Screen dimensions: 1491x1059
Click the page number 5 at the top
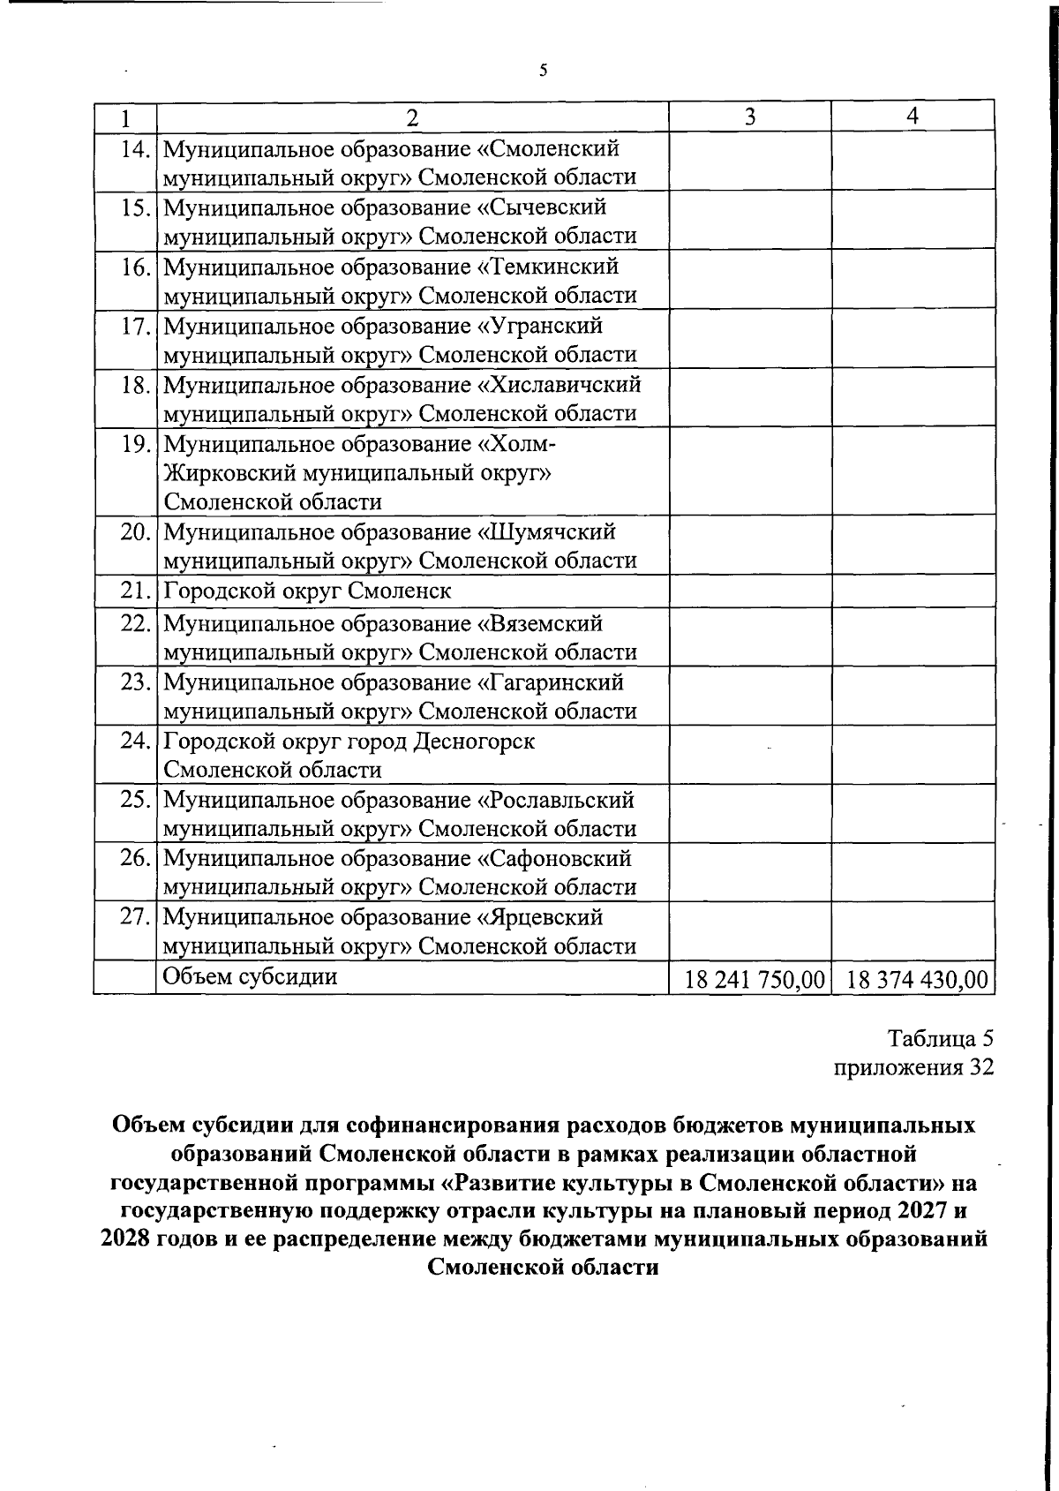543,71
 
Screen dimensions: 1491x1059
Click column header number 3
749,117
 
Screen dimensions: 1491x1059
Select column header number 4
913,116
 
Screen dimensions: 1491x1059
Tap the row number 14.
135,148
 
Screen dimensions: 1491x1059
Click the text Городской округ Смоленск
307,591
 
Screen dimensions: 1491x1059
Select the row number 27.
135,917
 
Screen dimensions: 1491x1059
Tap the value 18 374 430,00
916,980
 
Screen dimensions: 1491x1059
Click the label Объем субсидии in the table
251,976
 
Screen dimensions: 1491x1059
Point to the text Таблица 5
941,1038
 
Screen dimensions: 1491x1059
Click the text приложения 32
914,1067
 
